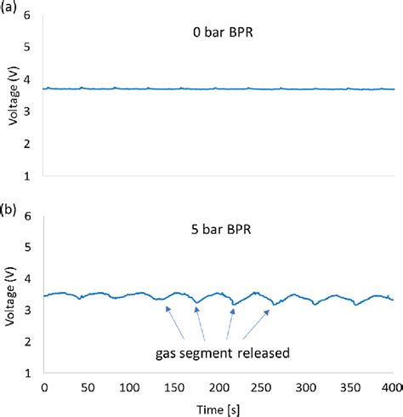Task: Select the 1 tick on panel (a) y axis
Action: (x=33, y=176)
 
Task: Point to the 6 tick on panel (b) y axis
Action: (x=33, y=216)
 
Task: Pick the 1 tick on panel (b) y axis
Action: (x=33, y=373)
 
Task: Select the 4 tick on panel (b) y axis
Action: (x=33, y=279)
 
